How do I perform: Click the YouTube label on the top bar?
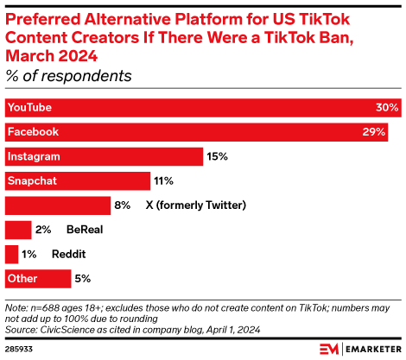(29, 108)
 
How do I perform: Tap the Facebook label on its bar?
(32, 132)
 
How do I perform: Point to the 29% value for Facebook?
(376, 132)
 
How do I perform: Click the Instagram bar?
(104, 156)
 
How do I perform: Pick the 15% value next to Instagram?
(217, 156)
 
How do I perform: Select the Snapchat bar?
(78, 180)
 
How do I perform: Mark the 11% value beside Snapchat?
(164, 180)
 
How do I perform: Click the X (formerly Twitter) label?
(197, 205)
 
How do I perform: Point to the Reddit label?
(68, 254)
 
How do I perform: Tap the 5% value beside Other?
(83, 278)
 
